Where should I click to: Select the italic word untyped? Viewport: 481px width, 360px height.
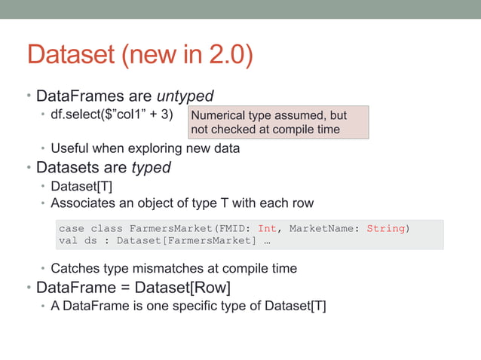pyautogui.click(x=185, y=96)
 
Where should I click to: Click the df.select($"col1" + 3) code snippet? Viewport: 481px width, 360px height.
pyautogui.click(x=112, y=115)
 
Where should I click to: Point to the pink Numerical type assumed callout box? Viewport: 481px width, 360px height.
pyautogui.click(x=278, y=122)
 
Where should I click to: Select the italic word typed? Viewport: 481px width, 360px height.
pyautogui.click(x=151, y=167)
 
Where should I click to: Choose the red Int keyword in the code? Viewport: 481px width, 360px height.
pyautogui.click(x=267, y=228)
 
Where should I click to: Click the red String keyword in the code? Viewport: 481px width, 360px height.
pyautogui.click(x=386, y=228)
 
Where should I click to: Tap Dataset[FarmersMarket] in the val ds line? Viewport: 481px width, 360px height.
pyautogui.click(x=176, y=241)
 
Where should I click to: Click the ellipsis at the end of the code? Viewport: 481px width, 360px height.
pyautogui.click(x=268, y=241)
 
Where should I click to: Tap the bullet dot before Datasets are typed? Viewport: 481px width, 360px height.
pyautogui.click(x=29, y=167)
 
